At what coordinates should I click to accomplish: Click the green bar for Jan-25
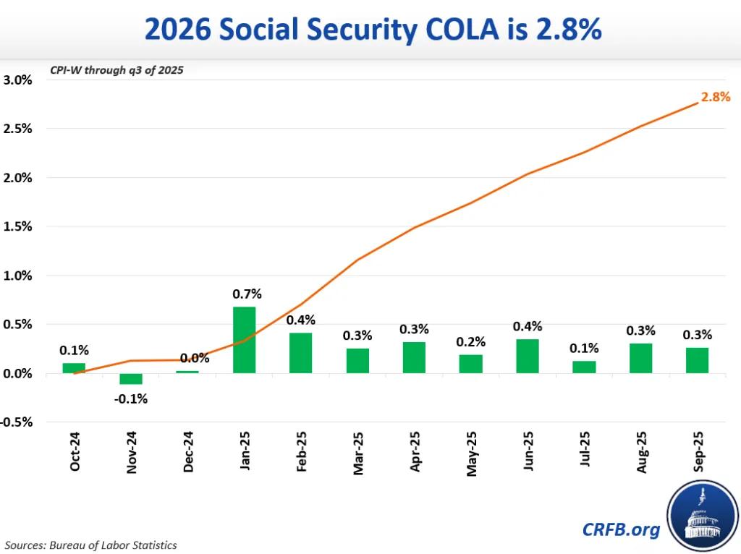click(244, 340)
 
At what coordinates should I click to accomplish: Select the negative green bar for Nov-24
click(131, 379)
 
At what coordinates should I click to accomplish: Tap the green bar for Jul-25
click(584, 367)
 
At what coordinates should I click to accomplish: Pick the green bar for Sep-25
click(697, 360)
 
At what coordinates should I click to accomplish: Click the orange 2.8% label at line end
click(716, 97)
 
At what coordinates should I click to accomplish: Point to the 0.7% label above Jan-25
click(247, 294)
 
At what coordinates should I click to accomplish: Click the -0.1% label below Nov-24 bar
click(131, 399)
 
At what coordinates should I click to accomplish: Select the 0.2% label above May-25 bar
click(470, 341)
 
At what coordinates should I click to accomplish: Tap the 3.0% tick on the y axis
click(17, 80)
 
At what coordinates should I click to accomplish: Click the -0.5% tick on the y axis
click(17, 422)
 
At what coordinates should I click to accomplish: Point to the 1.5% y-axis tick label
click(17, 226)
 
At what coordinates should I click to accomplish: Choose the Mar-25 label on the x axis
click(358, 453)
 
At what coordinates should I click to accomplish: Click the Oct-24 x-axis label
click(75, 451)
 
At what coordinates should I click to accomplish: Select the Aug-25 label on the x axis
click(641, 453)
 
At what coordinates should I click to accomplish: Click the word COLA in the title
click(462, 29)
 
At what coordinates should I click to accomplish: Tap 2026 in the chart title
click(177, 29)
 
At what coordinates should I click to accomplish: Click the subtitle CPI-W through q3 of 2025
click(117, 70)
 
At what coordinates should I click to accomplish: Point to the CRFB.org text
click(621, 529)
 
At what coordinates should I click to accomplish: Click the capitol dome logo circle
click(703, 516)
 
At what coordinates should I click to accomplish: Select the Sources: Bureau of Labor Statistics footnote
click(90, 545)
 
